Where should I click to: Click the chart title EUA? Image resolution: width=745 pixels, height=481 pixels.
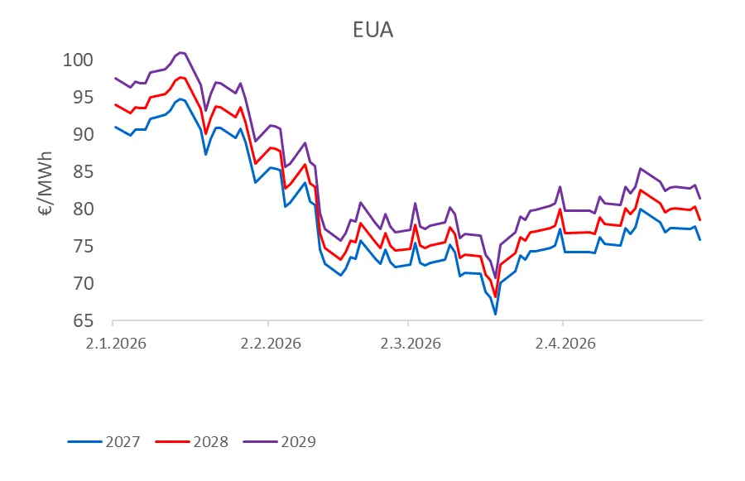[373, 30]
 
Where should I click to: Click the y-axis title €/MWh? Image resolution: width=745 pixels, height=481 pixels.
[46, 184]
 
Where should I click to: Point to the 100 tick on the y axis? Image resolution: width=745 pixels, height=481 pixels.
[78, 60]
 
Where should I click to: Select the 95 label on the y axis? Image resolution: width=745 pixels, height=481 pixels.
[83, 97]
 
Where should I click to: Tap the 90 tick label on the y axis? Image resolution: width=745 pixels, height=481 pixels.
[83, 134]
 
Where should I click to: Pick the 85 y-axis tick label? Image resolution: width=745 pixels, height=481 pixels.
[83, 171]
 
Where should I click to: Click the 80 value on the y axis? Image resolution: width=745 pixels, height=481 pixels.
[83, 209]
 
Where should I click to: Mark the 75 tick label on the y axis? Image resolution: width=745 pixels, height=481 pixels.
[83, 246]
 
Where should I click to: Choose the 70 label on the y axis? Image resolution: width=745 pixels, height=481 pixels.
[83, 283]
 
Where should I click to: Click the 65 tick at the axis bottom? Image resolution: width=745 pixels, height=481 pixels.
[83, 321]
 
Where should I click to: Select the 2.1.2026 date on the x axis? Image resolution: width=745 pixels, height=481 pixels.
[116, 344]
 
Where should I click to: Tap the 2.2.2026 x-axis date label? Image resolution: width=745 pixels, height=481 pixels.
[271, 344]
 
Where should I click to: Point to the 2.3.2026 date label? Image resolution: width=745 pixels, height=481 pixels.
[411, 344]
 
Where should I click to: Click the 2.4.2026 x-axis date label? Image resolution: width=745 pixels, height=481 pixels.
[565, 344]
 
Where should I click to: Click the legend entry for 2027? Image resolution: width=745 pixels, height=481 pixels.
[104, 441]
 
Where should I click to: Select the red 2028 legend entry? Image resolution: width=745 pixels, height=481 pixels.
[192, 441]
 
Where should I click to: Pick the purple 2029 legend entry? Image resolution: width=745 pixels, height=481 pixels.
[280, 441]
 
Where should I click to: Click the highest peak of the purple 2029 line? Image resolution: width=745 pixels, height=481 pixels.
[180, 52]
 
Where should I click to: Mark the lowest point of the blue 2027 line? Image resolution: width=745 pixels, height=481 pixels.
[495, 314]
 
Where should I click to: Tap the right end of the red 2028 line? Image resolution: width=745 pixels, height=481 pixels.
[699, 220]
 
